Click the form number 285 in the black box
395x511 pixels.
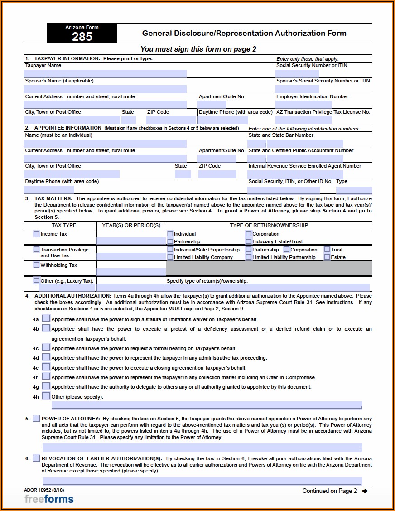(82, 37)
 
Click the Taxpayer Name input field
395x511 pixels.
(105, 73)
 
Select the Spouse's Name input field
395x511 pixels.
(105, 89)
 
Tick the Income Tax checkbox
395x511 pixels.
(36, 234)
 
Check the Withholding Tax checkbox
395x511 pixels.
(36, 265)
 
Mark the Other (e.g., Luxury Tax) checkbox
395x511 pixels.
(36, 280)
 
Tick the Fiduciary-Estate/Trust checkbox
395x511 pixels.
(249, 241)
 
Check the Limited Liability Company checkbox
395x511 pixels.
(170, 257)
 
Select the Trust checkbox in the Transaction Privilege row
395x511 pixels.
(327, 249)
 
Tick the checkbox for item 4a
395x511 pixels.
(46, 318)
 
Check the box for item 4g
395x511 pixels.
(46, 386)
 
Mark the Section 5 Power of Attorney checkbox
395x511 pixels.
(36, 418)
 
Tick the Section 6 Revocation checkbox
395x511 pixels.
(36, 458)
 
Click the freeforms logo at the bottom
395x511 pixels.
(49, 499)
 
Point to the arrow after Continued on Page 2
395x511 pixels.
(365, 491)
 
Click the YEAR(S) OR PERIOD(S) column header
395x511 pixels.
(131, 225)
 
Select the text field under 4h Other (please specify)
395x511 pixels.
(202, 405)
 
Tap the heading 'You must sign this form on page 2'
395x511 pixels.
(198, 49)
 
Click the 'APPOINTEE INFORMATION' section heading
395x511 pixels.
(68, 128)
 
